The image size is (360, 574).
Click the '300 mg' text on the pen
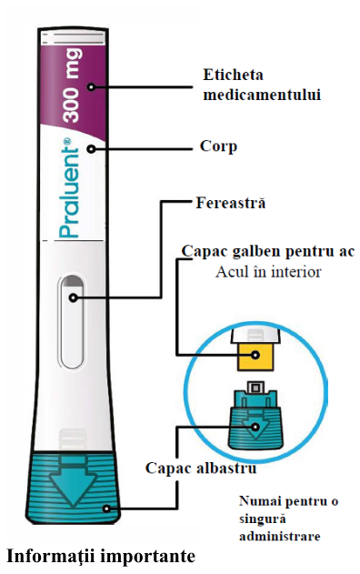71,86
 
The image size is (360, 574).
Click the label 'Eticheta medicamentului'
262,85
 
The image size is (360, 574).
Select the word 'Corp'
218,146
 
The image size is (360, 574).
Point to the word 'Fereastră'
231,203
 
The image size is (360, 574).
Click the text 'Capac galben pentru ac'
268,251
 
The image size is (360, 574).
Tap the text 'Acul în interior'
268,272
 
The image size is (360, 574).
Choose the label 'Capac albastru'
201,468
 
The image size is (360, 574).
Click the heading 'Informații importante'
101,556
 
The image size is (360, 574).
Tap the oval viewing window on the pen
73,321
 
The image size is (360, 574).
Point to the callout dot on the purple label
91,87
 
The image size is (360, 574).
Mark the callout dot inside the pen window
73,298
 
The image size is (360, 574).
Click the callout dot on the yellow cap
255,355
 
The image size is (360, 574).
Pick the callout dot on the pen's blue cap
106,509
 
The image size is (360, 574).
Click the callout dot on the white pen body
92,149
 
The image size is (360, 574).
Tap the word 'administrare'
280,537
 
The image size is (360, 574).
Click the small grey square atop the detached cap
255,387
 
